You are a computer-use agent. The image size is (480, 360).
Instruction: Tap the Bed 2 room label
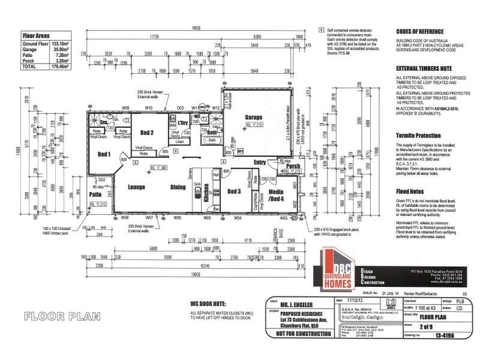coord(148,132)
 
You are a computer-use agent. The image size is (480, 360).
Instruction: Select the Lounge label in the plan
coord(137,187)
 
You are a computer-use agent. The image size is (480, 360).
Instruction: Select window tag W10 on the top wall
coord(149,108)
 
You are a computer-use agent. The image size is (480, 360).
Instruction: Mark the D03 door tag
coord(179,108)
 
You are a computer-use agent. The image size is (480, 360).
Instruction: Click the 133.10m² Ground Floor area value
coord(59,44)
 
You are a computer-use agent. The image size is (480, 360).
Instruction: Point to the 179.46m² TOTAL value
coord(59,67)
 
